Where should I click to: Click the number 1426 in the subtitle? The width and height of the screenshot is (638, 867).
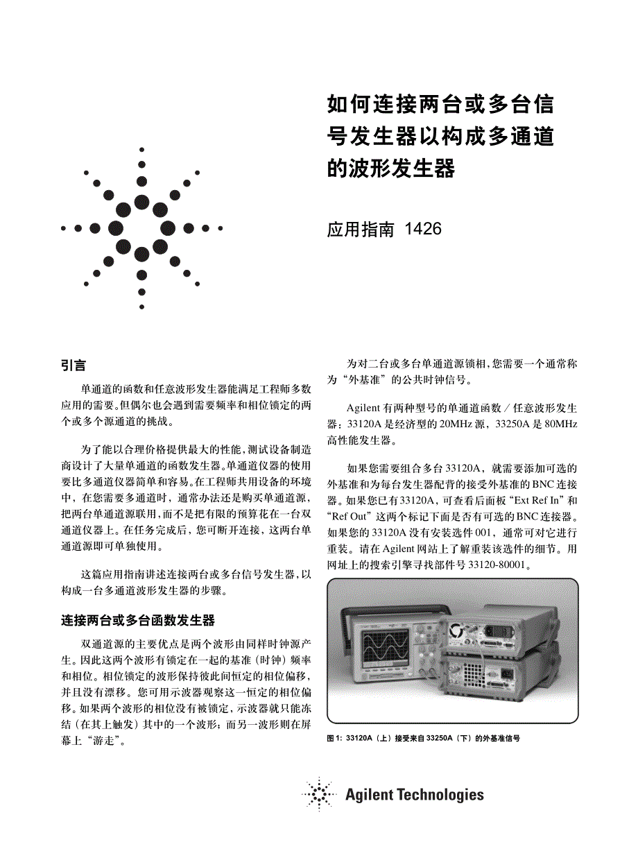point(422,229)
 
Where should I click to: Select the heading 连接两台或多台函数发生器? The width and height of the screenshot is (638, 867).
point(138,619)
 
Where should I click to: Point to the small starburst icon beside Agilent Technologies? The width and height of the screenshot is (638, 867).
point(319,794)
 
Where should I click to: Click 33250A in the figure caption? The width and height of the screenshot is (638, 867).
point(440,739)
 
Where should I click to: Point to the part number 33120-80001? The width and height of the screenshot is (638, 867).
point(494,565)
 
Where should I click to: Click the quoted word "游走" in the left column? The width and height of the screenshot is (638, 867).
point(105,741)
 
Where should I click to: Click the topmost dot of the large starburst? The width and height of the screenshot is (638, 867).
point(141,149)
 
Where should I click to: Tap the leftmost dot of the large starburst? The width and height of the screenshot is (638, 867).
point(63,228)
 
